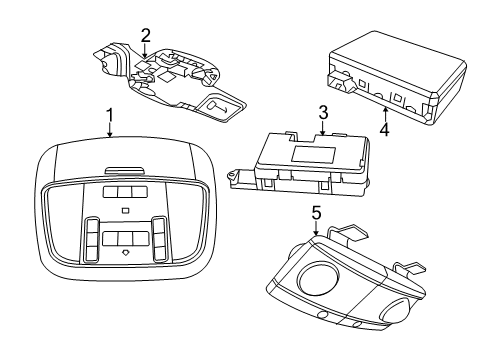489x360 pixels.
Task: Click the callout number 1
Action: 109,116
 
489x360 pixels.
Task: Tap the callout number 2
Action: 146,36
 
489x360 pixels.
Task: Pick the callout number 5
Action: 315,213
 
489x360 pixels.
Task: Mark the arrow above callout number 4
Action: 385,106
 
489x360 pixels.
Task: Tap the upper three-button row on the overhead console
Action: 124,191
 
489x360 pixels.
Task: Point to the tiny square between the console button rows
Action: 124,211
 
